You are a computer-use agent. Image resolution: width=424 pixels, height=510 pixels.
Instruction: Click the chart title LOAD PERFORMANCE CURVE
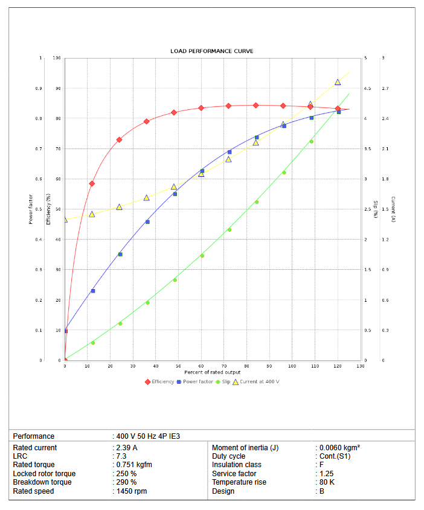pyautogui.click(x=211, y=51)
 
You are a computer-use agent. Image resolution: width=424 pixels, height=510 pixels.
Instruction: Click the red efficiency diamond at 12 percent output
pyautogui.click(x=92, y=183)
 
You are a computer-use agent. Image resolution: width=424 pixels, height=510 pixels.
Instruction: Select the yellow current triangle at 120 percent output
pyautogui.click(x=338, y=82)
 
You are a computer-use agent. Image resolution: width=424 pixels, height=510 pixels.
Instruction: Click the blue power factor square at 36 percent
pyautogui.click(x=147, y=222)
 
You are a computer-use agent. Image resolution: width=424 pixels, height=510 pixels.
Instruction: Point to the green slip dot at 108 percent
pyautogui.click(x=312, y=141)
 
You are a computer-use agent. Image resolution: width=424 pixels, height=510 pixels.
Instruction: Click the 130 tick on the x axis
pyautogui.click(x=361, y=366)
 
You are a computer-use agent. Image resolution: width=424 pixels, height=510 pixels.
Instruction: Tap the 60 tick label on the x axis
pyautogui.click(x=201, y=366)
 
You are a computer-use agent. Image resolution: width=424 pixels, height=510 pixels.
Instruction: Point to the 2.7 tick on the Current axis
pyautogui.click(x=385, y=89)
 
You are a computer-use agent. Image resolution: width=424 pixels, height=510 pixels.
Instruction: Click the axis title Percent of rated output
pyautogui.click(x=213, y=372)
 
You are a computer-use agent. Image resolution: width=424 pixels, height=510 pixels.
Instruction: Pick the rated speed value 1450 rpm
pyautogui.click(x=132, y=491)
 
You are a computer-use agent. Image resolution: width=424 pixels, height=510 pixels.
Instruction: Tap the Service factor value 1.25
pyautogui.click(x=327, y=474)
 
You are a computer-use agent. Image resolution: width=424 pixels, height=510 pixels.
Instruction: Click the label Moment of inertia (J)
pyautogui.click(x=245, y=448)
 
